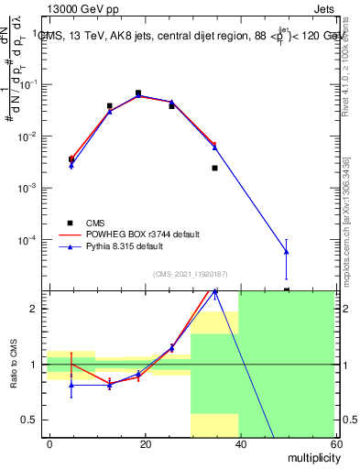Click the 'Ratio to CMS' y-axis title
point(13,364)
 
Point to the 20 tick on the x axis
point(145,443)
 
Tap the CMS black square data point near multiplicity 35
point(214,168)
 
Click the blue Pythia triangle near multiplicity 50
point(286,251)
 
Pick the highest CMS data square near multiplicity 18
point(138,93)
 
